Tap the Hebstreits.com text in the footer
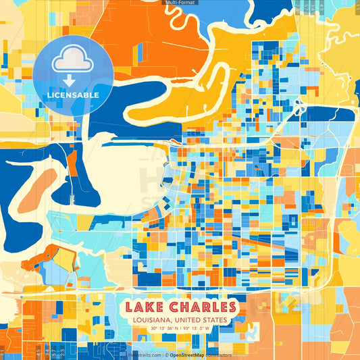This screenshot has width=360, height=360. (144, 355)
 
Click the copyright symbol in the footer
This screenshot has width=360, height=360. (165, 355)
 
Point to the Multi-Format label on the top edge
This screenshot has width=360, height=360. (180, 3)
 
